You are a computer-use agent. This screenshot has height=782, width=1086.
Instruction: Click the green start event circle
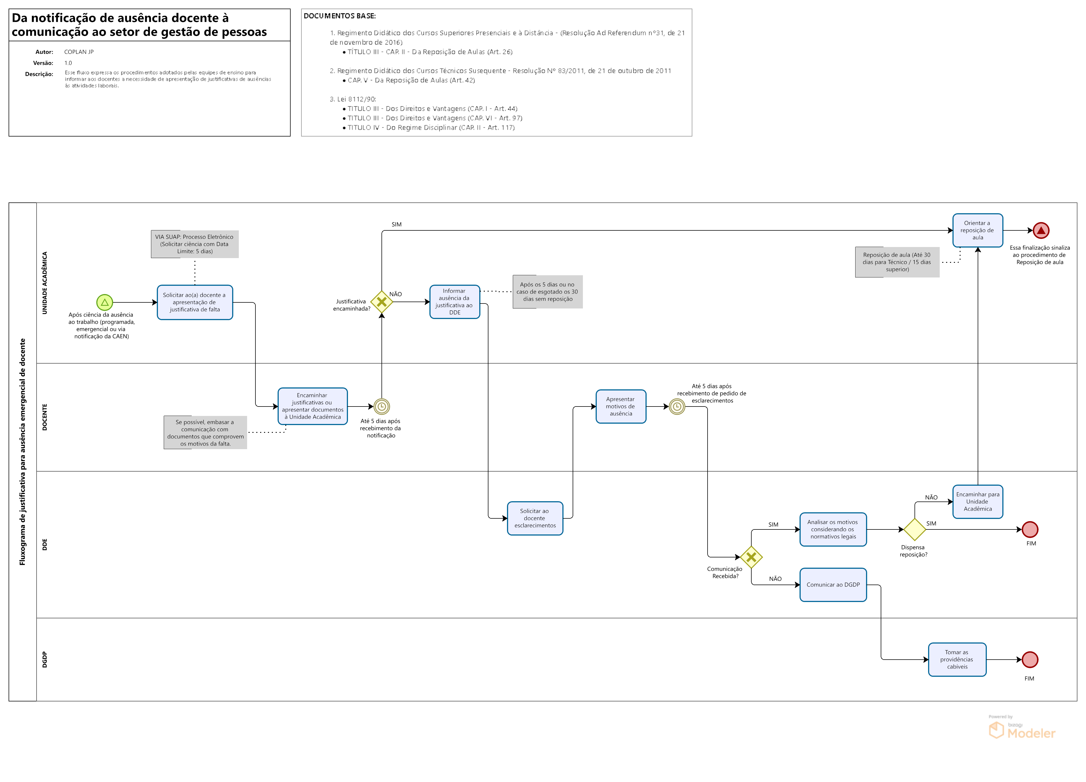104,302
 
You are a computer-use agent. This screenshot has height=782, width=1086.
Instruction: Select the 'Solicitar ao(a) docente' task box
195,302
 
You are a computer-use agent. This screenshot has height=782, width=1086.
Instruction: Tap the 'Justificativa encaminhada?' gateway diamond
382,302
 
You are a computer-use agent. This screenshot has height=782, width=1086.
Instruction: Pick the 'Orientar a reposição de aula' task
977,230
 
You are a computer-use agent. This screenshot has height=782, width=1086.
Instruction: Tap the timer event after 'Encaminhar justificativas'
382,406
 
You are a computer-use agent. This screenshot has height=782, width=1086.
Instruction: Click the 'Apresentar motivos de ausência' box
621,406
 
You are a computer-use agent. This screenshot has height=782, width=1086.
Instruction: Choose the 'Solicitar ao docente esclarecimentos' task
535,518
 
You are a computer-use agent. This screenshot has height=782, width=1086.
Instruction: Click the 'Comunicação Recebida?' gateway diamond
751,557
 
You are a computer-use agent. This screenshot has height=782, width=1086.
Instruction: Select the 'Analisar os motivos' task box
833,529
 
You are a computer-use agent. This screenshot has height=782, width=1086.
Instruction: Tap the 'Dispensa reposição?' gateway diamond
915,529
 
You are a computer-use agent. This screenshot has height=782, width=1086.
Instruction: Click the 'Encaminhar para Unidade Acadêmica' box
977,501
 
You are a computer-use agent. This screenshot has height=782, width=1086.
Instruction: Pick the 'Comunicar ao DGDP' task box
833,585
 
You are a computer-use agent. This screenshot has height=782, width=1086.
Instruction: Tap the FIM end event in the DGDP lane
1030,660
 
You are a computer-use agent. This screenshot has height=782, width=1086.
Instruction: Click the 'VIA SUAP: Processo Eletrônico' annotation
194,244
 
